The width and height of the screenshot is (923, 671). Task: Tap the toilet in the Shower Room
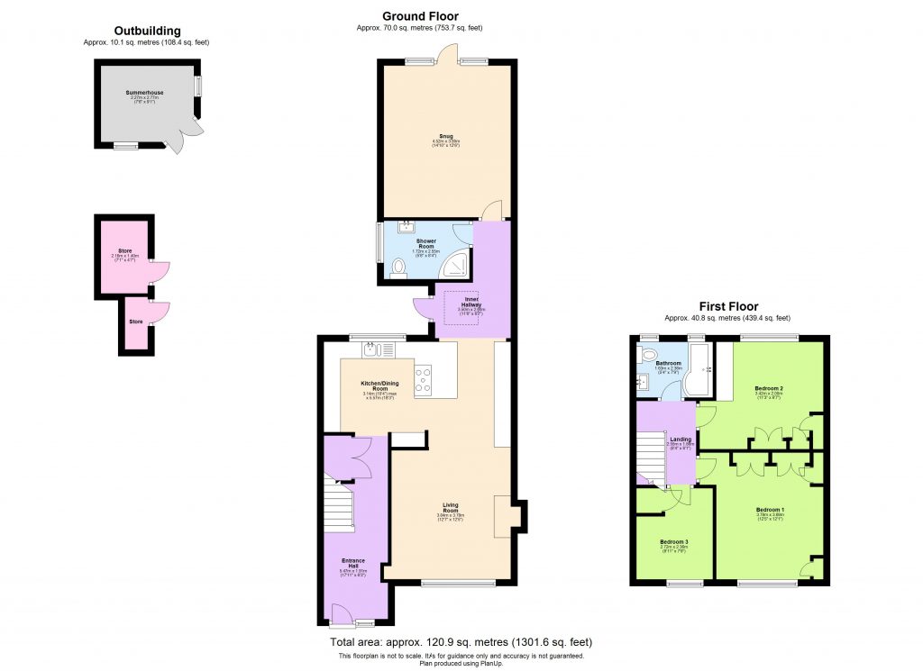click(400, 267)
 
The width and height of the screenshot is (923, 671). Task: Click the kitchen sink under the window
click(378, 350)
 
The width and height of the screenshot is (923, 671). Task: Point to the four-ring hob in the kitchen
click(424, 382)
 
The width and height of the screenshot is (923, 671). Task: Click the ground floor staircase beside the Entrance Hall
click(338, 511)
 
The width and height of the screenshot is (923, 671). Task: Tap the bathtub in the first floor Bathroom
click(696, 372)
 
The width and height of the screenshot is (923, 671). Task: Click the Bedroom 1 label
click(770, 511)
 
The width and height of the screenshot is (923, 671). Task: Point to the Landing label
click(680, 440)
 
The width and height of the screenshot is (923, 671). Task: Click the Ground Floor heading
click(420, 16)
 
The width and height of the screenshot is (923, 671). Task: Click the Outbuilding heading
click(147, 30)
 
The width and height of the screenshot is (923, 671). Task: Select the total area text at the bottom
click(462, 641)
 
